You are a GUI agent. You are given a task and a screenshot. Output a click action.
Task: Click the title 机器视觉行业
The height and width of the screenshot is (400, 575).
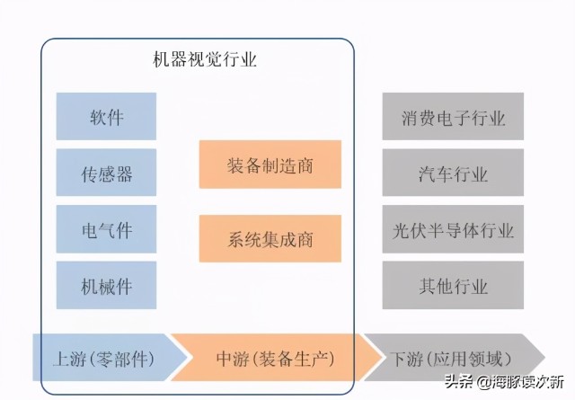pos(205,59)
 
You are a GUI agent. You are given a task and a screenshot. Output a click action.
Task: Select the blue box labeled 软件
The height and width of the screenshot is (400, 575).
pos(106,116)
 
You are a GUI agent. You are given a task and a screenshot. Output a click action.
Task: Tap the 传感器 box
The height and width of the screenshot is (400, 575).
pos(106,173)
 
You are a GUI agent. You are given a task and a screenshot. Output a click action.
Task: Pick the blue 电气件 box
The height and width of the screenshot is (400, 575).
pos(106,229)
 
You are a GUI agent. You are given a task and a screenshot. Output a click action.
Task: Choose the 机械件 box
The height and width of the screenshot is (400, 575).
pos(106,285)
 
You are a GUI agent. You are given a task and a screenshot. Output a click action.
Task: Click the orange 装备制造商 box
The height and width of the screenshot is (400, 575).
pos(270,164)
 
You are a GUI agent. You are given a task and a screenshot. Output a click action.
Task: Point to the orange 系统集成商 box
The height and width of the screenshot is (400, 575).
pos(270,238)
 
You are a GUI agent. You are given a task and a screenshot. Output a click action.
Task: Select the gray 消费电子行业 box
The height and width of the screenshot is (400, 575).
pos(453,116)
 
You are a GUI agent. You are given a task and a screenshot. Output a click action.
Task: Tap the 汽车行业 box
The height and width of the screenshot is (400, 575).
pos(453,173)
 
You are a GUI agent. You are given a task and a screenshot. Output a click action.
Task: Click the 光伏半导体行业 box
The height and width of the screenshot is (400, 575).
pos(453,229)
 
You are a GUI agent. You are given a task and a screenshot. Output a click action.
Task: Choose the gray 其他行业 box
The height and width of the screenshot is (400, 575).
pos(453,285)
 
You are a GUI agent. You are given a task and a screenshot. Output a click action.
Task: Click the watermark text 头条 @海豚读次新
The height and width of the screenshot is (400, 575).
pos(505,382)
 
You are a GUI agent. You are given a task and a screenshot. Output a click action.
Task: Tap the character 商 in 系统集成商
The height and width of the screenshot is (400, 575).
pos(305,239)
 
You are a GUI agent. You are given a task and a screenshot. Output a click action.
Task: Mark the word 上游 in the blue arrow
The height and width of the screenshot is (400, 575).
pos(70,359)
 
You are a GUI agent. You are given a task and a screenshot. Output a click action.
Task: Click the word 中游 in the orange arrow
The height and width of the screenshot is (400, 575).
pos(233,359)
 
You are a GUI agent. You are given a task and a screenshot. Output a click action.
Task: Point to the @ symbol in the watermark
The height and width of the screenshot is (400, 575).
pos(484,382)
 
